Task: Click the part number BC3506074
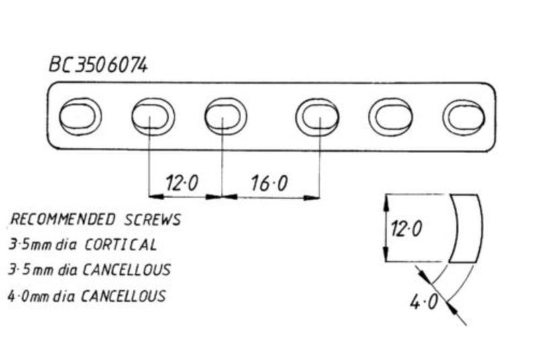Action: [x=98, y=65]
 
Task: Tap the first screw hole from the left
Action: [x=80, y=117]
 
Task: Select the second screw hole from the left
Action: [x=153, y=117]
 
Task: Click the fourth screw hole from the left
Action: [x=318, y=117]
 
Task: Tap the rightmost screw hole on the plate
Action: [x=464, y=117]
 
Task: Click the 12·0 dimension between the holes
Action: [x=181, y=183]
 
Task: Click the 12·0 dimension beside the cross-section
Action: [x=406, y=229]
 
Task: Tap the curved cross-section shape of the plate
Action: [x=465, y=228]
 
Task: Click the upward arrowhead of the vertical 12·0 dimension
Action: [x=385, y=199]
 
